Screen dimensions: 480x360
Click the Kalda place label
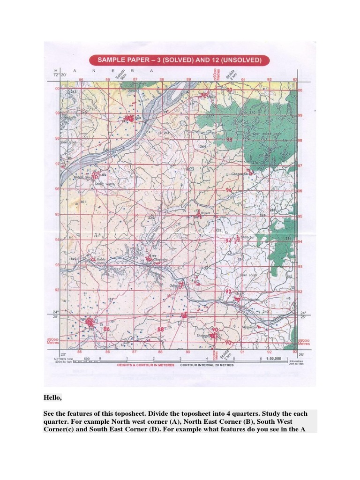click(101, 259)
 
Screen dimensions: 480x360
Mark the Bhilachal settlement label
click(246, 237)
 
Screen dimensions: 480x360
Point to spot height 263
click(73, 92)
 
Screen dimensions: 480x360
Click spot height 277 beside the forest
click(211, 116)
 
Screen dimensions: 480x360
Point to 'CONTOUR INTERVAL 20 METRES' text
click(207, 365)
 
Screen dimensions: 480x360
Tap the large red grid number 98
click(229, 140)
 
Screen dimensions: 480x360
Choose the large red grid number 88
click(161, 330)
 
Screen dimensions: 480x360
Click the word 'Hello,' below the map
click(52, 397)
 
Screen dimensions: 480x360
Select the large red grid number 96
click(229, 190)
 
